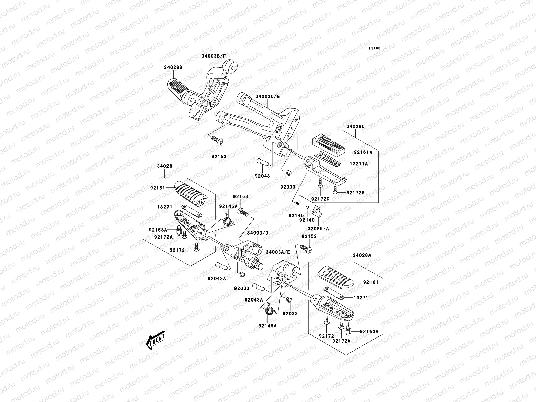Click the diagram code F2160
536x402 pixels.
(375, 48)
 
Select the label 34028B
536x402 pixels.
(173, 67)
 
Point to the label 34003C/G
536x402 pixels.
(268, 96)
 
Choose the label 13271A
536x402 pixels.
(359, 164)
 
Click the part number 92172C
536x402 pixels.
(320, 199)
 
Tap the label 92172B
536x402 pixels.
(355, 193)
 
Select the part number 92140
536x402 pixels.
(307, 220)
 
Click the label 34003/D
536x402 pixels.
(258, 233)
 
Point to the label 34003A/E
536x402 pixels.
(278, 252)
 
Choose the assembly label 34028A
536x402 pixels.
(362, 255)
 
